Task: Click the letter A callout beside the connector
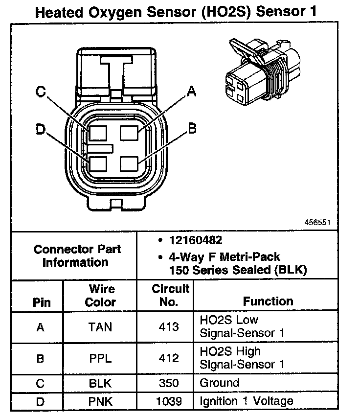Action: pyautogui.click(x=192, y=91)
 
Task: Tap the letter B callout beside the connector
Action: pyautogui.click(x=192, y=128)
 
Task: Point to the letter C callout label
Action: pyautogui.click(x=41, y=91)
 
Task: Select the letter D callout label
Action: pyautogui.click(x=41, y=129)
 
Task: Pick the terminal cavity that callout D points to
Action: pyautogui.click(x=97, y=163)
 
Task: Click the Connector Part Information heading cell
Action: pyautogui.click(x=77, y=255)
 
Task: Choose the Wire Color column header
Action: pyautogui.click(x=100, y=295)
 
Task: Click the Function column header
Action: pyautogui.click(x=268, y=301)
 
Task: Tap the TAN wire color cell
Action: pyautogui.click(x=100, y=327)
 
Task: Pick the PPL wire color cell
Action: pyautogui.click(x=100, y=358)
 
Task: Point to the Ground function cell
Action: pyautogui.click(x=220, y=383)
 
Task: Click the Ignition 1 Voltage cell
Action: pyautogui.click(x=247, y=401)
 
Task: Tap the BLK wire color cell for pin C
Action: pyautogui.click(x=100, y=383)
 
